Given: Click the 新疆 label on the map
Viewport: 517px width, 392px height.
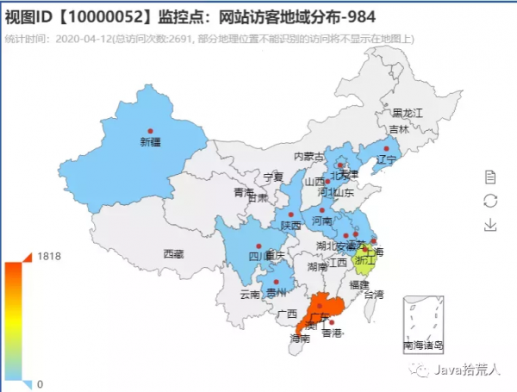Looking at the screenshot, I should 150,143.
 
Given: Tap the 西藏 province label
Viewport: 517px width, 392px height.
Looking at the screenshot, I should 173,254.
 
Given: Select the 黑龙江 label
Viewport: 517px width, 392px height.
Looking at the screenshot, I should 408,113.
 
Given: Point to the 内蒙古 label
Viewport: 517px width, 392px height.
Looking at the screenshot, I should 308,157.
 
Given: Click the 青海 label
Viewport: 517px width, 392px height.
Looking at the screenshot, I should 243,192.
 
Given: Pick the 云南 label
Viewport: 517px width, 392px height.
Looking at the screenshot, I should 250,294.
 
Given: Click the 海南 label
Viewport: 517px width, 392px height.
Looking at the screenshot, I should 300,339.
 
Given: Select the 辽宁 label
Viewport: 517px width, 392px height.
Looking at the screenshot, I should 385,159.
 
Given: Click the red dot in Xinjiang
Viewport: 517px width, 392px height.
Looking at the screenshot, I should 150,132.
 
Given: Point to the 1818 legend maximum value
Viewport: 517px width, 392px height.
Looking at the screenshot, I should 48,256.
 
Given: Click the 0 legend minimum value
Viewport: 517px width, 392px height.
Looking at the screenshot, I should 40,383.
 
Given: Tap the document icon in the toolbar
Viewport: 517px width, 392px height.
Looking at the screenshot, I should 490,177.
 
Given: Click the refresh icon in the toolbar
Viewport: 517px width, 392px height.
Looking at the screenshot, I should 490,201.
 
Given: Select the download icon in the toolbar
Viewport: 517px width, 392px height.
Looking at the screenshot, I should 490,225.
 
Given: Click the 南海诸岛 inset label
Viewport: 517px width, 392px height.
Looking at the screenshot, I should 423,345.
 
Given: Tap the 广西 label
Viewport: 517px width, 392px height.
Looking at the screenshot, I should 287,314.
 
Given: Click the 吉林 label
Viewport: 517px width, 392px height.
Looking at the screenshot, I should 398,129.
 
